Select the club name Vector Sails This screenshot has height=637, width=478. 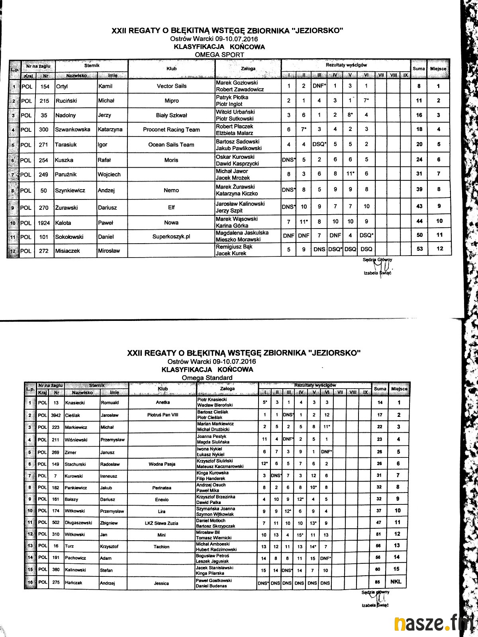click(x=171, y=86)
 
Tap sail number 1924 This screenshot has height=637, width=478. click(x=44, y=223)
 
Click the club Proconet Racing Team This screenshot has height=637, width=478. click(x=171, y=129)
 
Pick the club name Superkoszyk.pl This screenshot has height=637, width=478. click(x=171, y=236)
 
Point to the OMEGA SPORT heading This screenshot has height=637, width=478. click(x=219, y=55)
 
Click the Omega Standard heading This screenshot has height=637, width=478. click(x=207, y=377)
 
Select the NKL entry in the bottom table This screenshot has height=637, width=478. click(x=396, y=582)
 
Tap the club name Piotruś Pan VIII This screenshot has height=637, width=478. click(x=163, y=415)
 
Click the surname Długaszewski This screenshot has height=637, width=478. click(x=78, y=523)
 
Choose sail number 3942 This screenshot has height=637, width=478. click(x=56, y=415)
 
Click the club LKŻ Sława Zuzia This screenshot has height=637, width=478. click(x=161, y=523)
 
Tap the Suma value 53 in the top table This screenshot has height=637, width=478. click(x=419, y=249)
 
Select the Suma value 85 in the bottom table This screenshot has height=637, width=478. click(x=377, y=582)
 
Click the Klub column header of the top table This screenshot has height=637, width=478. click(x=171, y=68)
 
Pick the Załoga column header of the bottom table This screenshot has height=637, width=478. click(x=227, y=389)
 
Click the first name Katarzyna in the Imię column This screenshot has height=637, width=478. click(x=110, y=129)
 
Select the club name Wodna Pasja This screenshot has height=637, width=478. click(x=161, y=464)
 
